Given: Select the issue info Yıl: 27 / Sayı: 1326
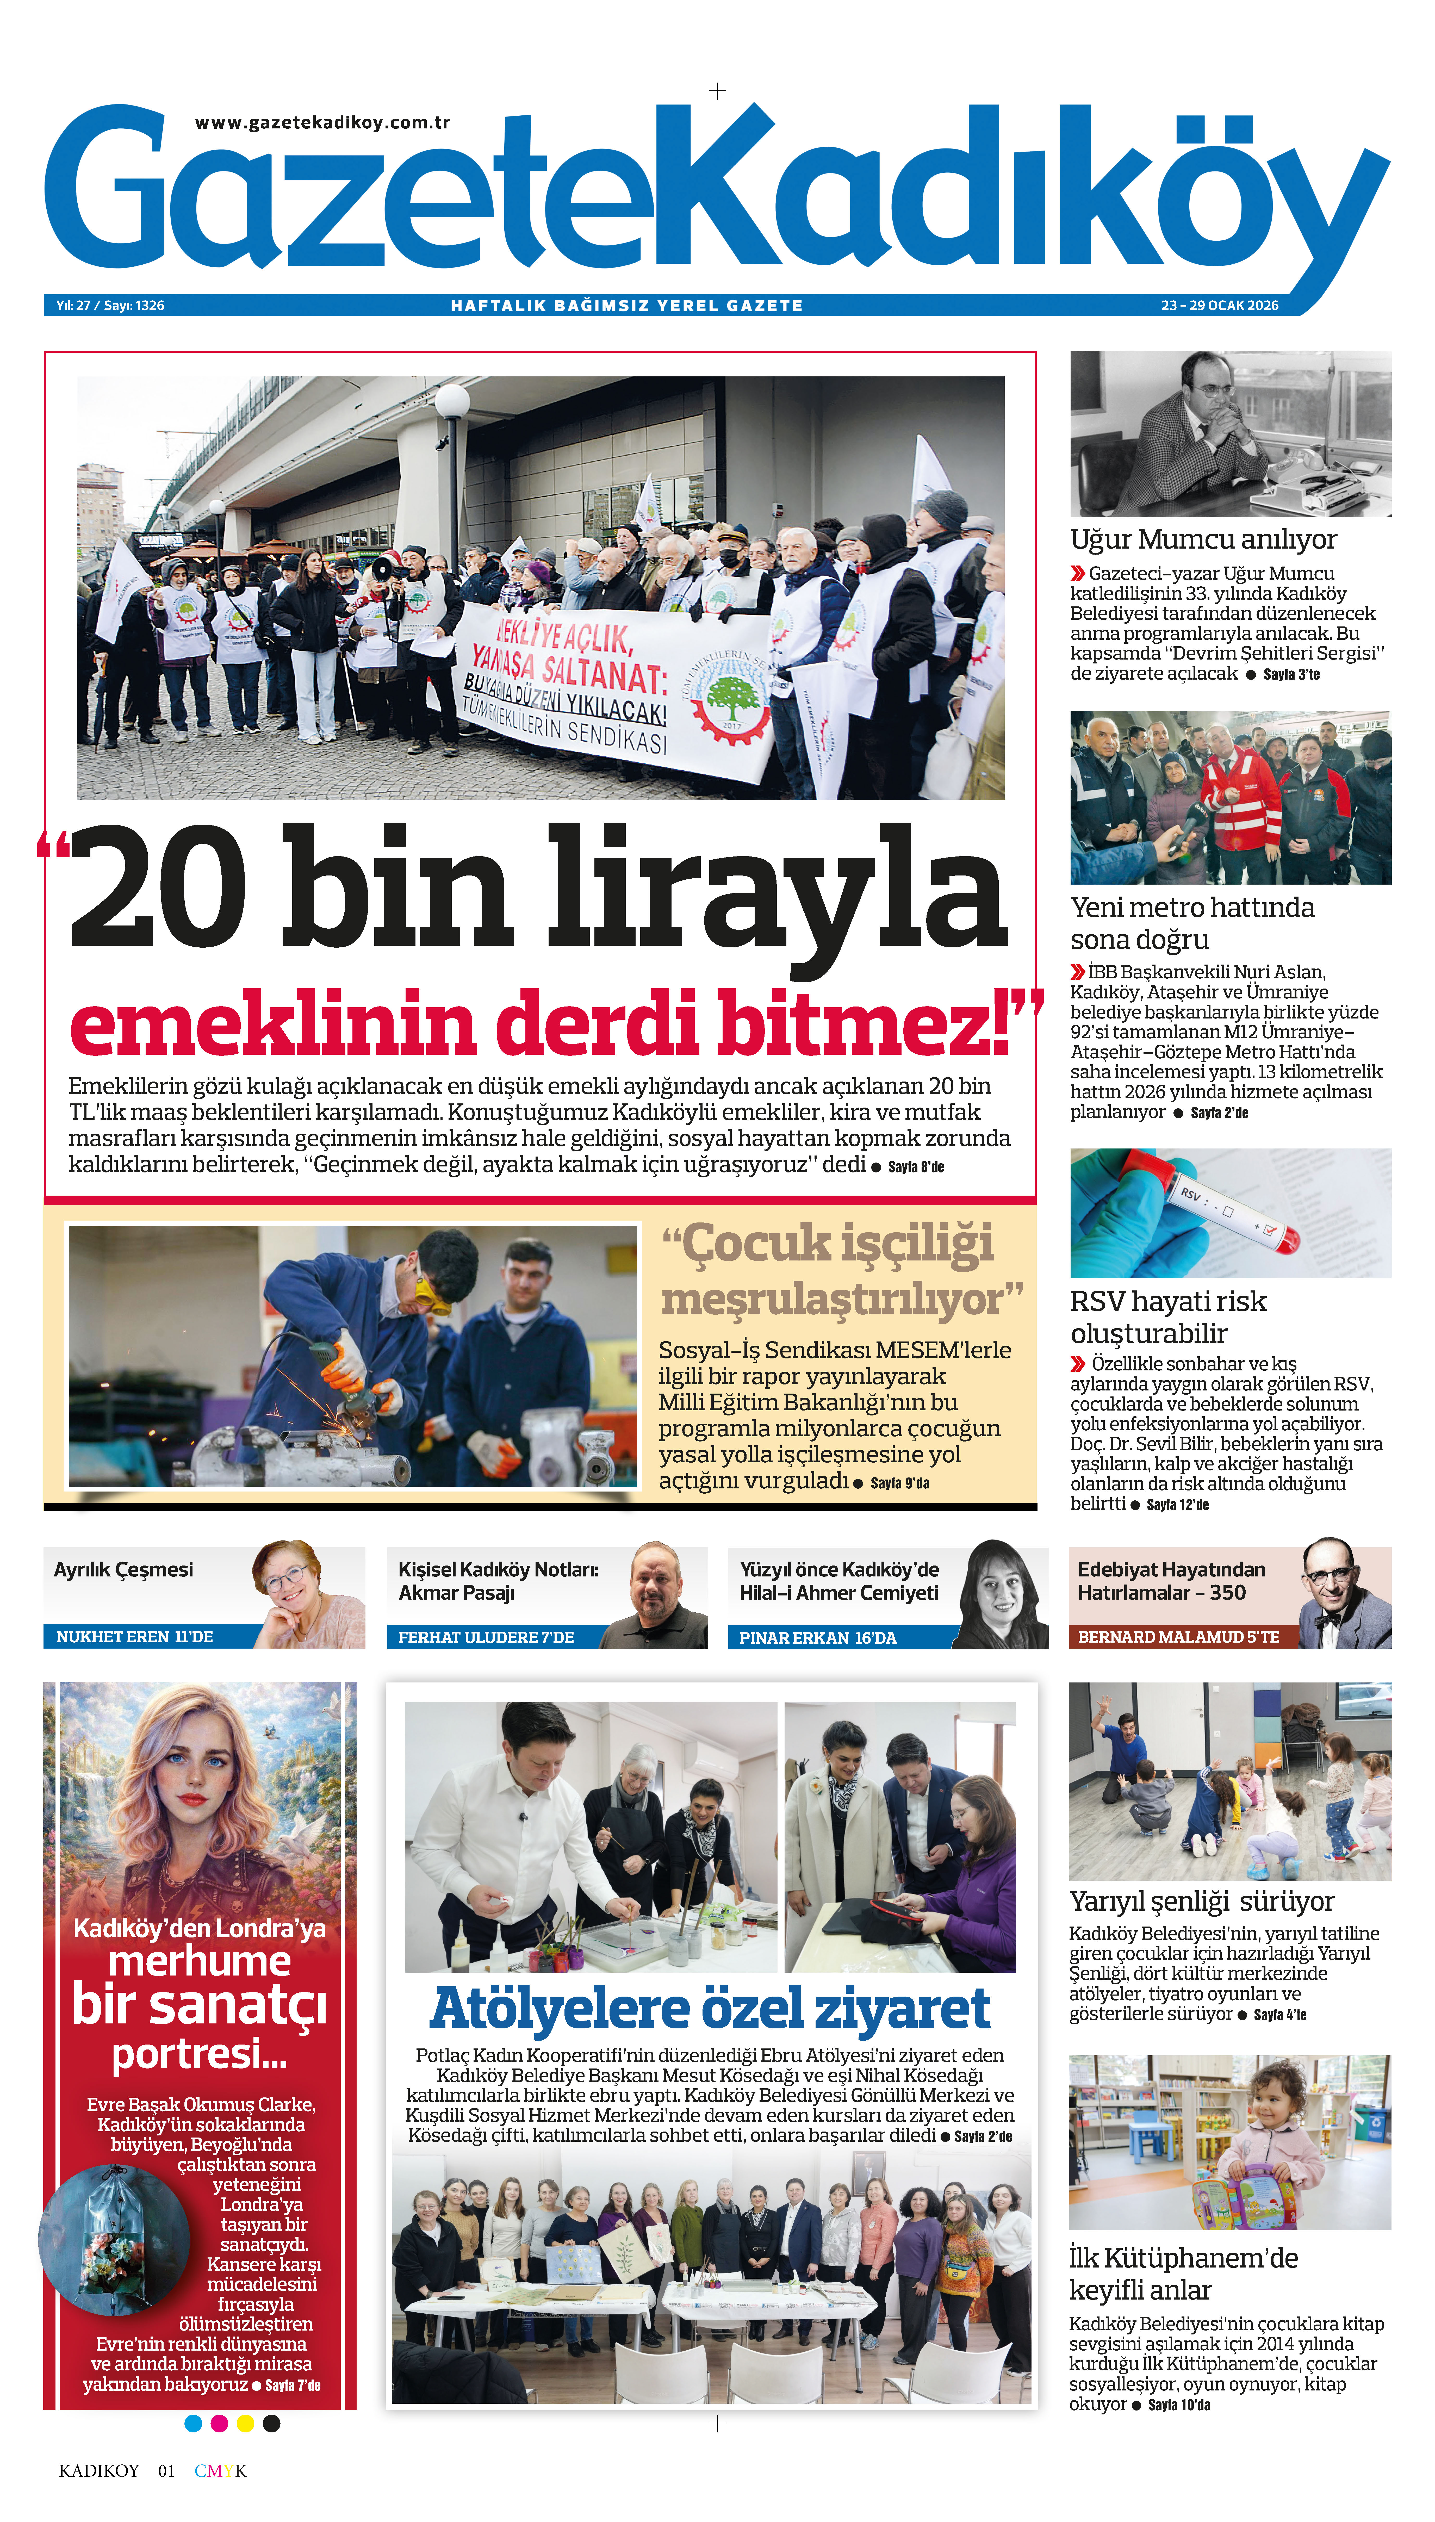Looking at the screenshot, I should [x=110, y=306].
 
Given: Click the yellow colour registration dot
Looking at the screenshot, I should [x=245, y=2424].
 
